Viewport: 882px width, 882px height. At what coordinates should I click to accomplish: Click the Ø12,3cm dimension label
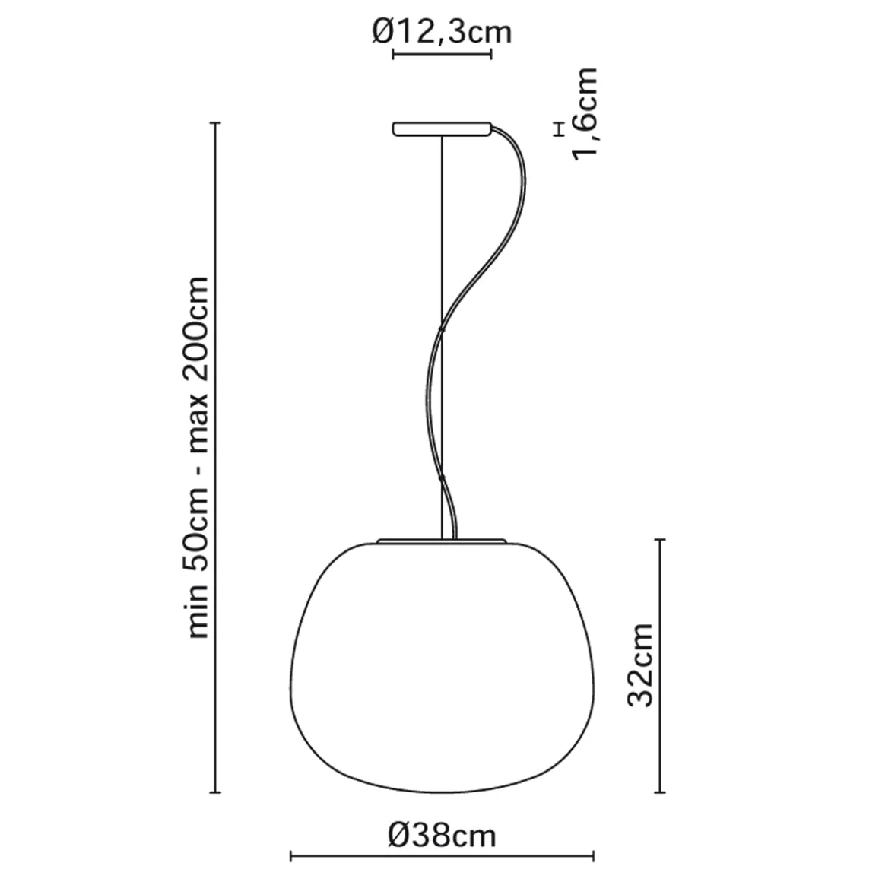[x=442, y=32]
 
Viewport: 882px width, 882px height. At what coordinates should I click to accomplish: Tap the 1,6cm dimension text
[x=586, y=114]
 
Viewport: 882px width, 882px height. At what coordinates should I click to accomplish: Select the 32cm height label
[x=641, y=665]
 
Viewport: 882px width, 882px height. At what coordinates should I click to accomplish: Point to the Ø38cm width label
[x=442, y=836]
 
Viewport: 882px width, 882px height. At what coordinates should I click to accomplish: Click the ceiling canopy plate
[x=442, y=129]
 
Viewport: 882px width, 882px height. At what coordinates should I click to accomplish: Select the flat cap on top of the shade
[x=442, y=541]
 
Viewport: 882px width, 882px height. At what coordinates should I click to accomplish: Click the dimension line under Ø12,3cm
[x=442, y=54]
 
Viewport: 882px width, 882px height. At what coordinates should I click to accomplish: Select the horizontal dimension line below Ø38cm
[x=442, y=857]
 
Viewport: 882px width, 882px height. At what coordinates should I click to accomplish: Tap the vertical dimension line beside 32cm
[x=660, y=666]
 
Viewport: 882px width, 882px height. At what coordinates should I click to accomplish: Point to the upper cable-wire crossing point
[x=441, y=328]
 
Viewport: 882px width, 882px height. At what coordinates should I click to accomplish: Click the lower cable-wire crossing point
[x=441, y=478]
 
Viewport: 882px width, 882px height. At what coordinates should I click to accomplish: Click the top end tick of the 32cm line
[x=660, y=540]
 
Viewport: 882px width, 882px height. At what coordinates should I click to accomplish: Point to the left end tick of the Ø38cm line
[x=291, y=857]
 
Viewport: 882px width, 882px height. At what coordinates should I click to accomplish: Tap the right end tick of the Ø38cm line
[x=594, y=857]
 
